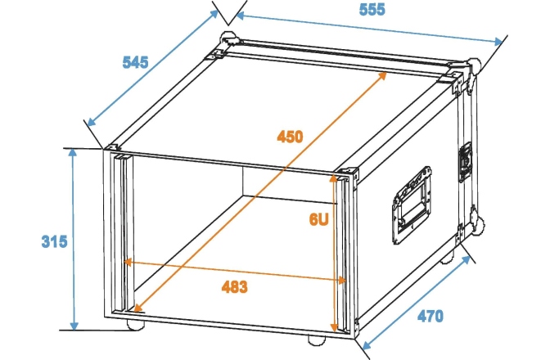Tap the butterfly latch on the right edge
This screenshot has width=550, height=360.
coord(465,162)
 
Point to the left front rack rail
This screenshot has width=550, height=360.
coord(123,233)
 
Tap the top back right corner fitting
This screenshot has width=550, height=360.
coord(474,63)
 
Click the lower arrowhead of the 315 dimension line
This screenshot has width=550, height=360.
coord(74,325)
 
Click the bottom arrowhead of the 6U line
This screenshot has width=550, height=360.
coord(334,327)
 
